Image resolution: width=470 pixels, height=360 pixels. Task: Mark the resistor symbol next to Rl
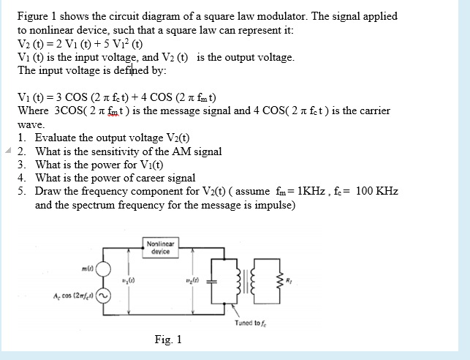point(278,280)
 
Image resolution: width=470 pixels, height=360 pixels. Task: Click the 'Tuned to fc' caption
point(253,323)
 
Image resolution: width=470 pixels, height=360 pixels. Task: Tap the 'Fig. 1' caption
point(169,340)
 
